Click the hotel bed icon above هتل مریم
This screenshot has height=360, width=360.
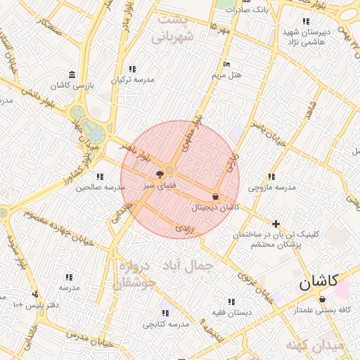point(226,65)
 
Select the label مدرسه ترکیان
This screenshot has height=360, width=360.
point(131,79)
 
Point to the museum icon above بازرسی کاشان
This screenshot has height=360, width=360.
point(72,75)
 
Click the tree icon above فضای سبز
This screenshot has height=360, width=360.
point(161,174)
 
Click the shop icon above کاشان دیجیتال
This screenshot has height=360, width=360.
point(214,196)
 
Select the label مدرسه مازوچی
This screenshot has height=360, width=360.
point(273,188)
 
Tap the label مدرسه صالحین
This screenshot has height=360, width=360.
point(101,188)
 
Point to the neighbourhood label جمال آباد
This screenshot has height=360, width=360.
point(187,266)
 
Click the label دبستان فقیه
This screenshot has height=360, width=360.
point(231,311)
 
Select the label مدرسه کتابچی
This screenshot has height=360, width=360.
point(167,324)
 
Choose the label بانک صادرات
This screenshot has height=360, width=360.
point(253,10)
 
